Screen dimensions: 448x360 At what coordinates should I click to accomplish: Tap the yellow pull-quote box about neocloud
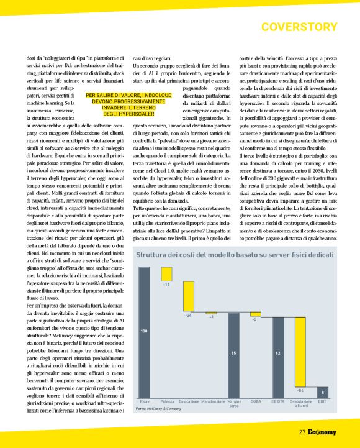pos(128,104)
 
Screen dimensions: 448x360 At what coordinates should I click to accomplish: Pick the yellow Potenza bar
pos(166,273)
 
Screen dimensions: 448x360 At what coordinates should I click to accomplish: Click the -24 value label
pos(189,316)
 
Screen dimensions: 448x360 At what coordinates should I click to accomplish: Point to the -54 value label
pos(300,390)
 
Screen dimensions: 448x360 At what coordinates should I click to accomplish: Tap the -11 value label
pos(166,284)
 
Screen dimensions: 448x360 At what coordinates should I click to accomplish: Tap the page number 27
pos(302,432)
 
